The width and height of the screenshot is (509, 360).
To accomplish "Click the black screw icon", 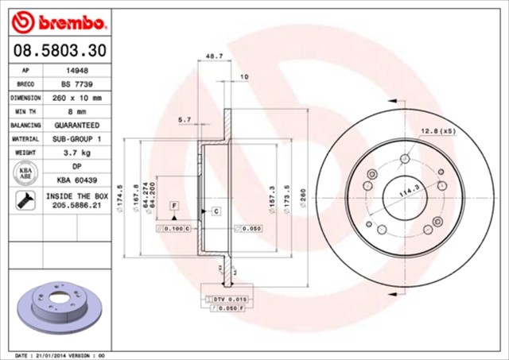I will (23, 199).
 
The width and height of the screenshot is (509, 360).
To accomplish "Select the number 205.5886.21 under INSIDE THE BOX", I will (76, 204).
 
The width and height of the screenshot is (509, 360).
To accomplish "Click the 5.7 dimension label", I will (185, 119).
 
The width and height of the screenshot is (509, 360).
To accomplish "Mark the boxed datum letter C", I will (215, 211).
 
